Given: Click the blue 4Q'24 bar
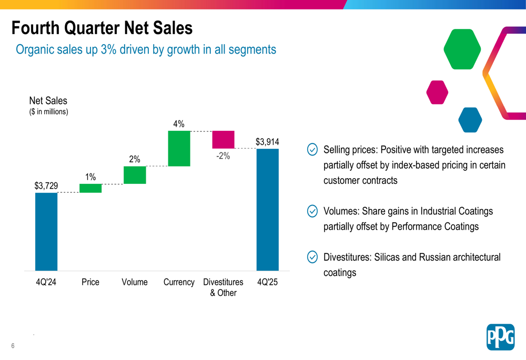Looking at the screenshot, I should click(x=46, y=231).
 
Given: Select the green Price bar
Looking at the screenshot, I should click(x=90, y=188).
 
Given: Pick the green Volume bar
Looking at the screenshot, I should click(x=135, y=175).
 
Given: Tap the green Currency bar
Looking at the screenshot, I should click(x=179, y=149).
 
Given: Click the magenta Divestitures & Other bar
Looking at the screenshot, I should click(x=223, y=140).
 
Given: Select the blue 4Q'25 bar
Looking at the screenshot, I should click(x=267, y=209).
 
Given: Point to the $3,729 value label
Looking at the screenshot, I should click(x=46, y=186).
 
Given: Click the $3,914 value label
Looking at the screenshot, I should click(x=267, y=142).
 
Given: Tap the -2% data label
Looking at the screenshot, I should click(x=223, y=156).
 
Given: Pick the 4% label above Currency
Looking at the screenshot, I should click(x=179, y=124).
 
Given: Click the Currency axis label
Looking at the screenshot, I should click(x=179, y=282).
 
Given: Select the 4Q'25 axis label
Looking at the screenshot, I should click(x=267, y=282).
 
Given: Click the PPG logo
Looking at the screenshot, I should click(x=500, y=337).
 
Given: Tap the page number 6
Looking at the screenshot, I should click(x=13, y=345).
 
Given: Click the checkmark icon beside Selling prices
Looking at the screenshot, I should click(x=312, y=150).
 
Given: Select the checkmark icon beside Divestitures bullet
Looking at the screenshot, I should click(x=312, y=257).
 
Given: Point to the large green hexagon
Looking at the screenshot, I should click(x=462, y=49).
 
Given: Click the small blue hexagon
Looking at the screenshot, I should click(x=470, y=120).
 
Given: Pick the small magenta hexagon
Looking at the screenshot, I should click(x=437, y=92).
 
